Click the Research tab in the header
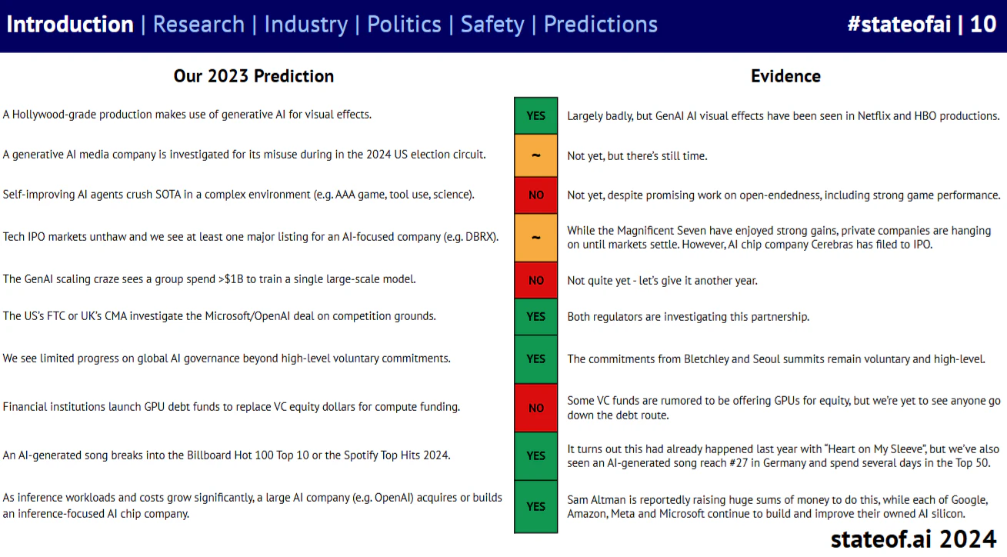tap(198, 25)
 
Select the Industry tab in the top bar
tap(305, 25)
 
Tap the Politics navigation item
tap(404, 25)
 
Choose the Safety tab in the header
tap(492, 25)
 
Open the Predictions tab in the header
tap(601, 25)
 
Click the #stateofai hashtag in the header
tap(899, 25)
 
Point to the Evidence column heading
tap(785, 76)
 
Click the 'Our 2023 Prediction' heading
tap(254, 76)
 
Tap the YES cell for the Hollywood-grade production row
tap(536, 115)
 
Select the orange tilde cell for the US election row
tap(536, 155)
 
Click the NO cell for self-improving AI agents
tap(536, 195)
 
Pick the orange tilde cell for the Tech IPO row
tap(536, 238)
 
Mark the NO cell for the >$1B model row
tap(536, 281)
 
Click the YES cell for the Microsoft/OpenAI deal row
tap(536, 316)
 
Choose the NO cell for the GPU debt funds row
tap(536, 408)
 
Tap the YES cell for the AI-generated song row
tap(536, 456)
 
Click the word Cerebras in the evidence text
tap(832, 245)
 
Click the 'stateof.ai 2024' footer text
tap(913, 539)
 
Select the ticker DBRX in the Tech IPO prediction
tap(481, 236)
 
